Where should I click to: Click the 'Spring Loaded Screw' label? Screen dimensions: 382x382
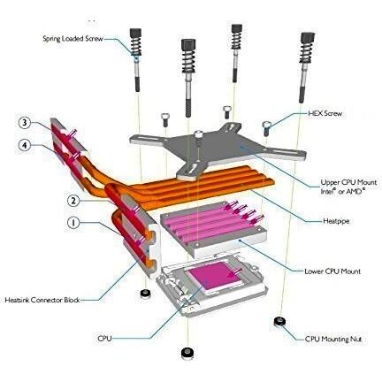(x=73, y=39)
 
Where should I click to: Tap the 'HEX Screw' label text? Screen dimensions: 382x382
(x=325, y=113)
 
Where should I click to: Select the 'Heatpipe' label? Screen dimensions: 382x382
(x=336, y=221)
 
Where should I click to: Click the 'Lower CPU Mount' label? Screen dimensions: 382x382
(x=332, y=271)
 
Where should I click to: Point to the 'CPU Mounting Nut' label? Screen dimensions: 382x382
(x=333, y=340)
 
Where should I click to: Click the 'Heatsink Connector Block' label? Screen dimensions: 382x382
(x=42, y=300)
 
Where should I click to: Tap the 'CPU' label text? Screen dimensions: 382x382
(x=104, y=338)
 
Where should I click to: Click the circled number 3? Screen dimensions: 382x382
(x=25, y=123)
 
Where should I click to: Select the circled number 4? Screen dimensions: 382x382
(x=25, y=145)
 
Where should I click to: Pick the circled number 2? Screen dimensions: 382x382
(x=73, y=201)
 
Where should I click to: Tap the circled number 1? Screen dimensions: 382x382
(x=73, y=223)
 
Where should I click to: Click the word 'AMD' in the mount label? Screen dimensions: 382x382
(x=355, y=191)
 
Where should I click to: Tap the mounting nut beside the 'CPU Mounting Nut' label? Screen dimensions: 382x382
(x=279, y=321)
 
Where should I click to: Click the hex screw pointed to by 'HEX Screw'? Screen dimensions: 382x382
(x=266, y=128)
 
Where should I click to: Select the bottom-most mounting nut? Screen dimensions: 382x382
(x=186, y=352)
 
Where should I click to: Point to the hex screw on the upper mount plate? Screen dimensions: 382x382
(x=199, y=138)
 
